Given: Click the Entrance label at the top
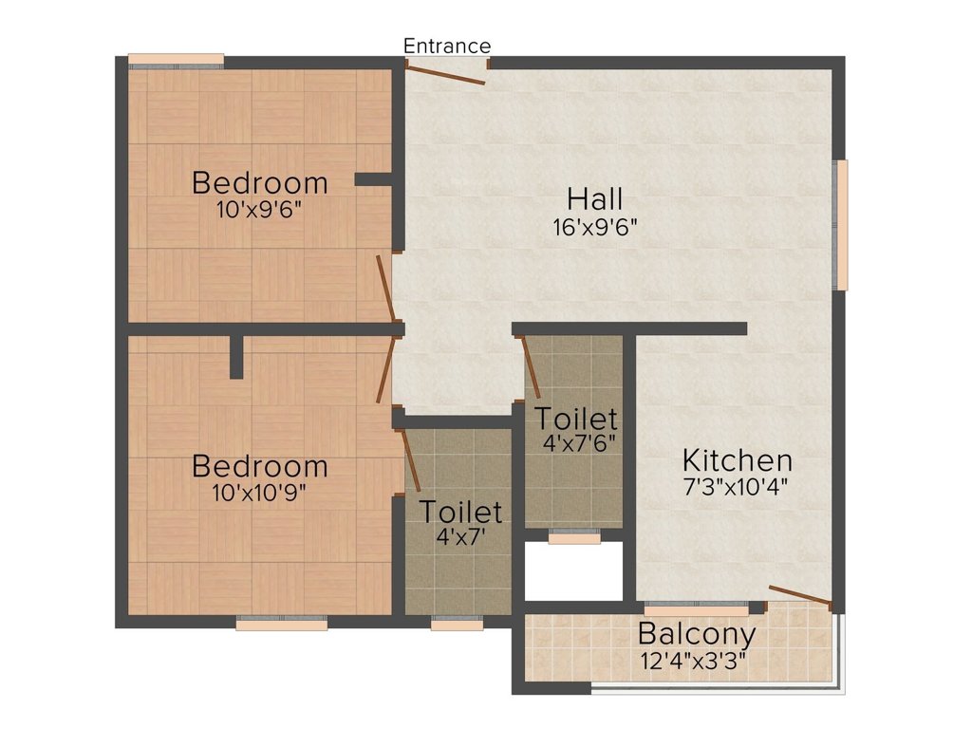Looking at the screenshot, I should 447,46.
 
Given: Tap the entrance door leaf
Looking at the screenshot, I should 446,74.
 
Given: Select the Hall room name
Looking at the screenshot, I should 595,199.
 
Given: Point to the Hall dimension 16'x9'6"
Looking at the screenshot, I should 595,228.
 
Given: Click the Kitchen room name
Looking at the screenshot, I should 738,461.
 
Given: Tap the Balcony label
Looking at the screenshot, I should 697,634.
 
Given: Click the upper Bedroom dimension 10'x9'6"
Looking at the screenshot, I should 260,210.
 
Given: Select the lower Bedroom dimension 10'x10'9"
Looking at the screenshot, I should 260,493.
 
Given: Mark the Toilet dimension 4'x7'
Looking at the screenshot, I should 460,536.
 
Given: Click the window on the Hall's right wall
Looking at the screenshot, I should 841,224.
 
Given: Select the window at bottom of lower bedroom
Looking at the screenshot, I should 282,624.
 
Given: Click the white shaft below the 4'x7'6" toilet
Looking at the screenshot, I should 574,570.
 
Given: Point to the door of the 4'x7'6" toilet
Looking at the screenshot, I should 532,366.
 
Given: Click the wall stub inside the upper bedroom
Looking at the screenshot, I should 373,179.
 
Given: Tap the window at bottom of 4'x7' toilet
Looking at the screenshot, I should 457,624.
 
